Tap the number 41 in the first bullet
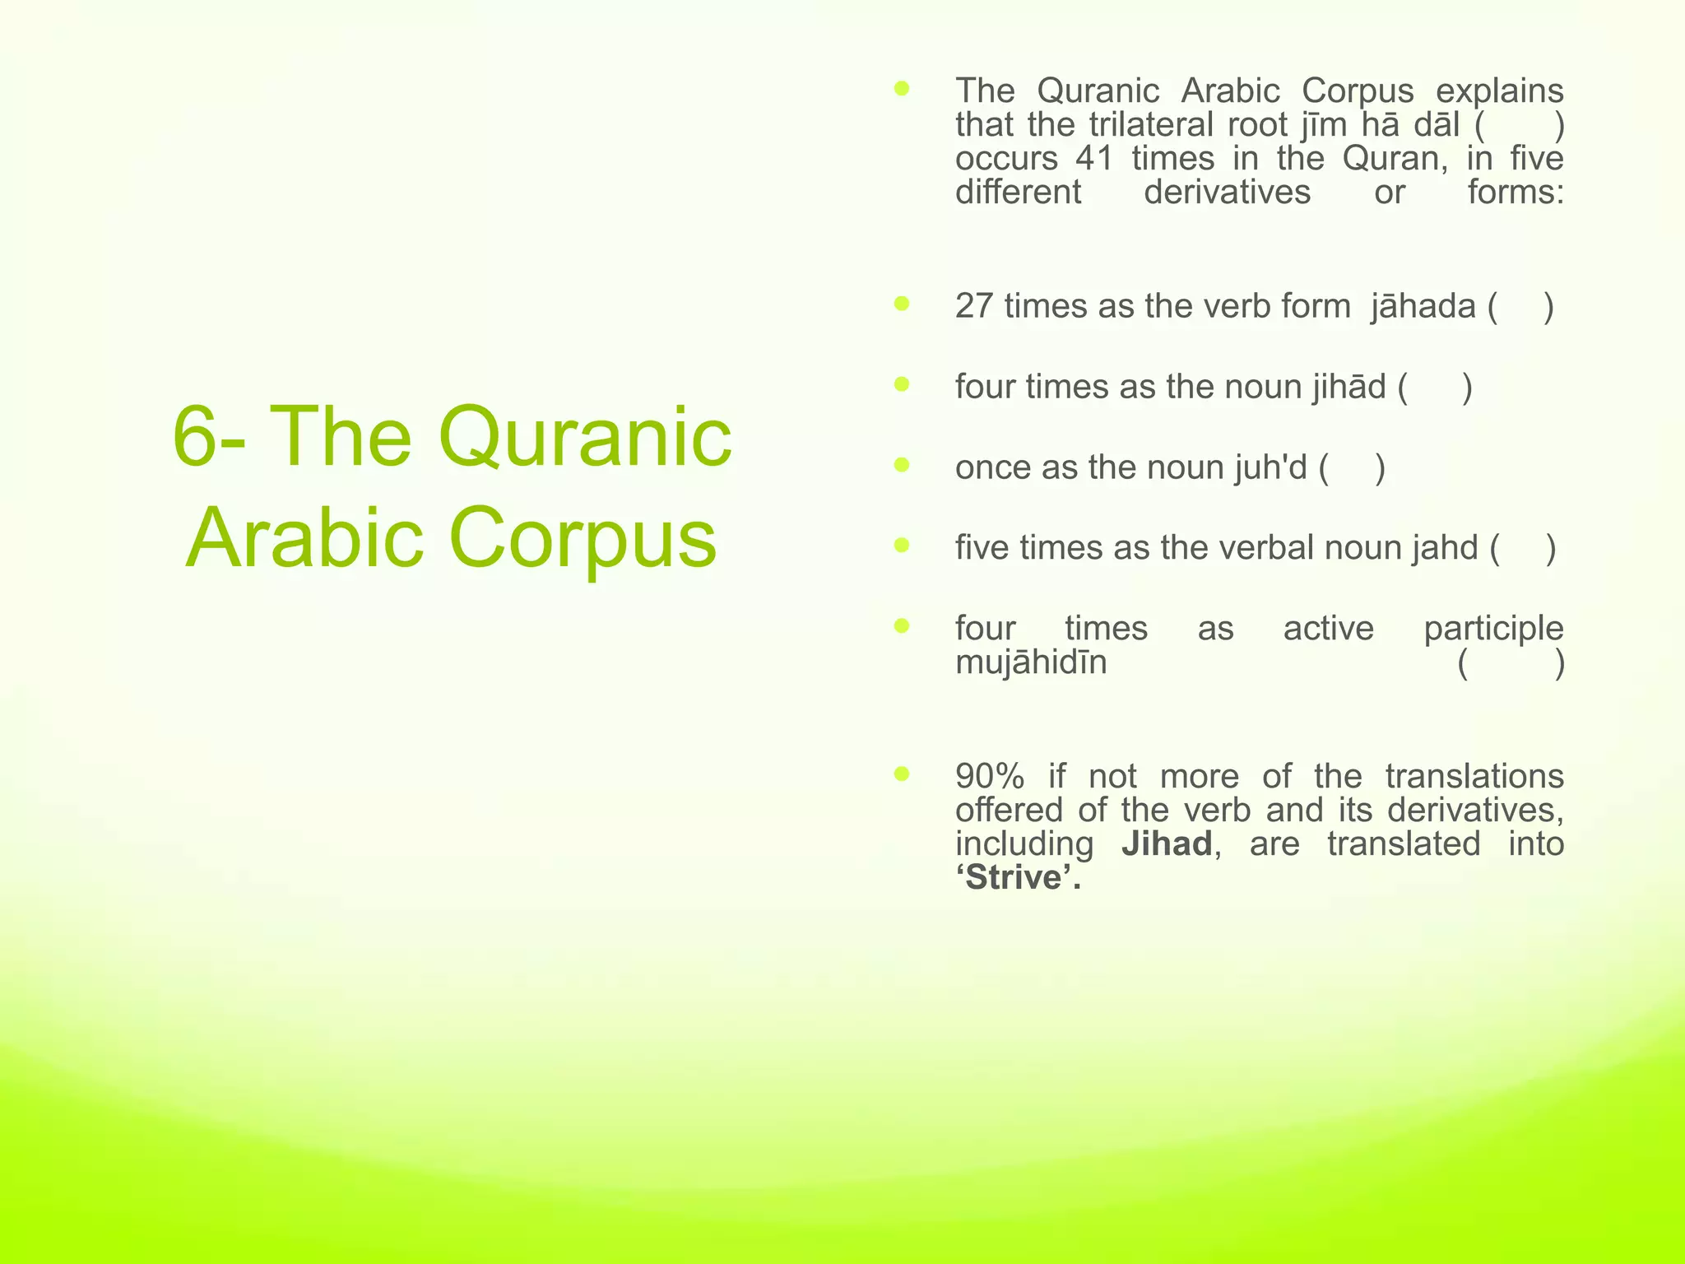click(1093, 158)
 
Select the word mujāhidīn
click(1031, 662)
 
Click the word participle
click(1493, 629)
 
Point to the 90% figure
click(990, 776)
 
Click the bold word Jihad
click(1166, 844)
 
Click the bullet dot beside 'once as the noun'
click(902, 466)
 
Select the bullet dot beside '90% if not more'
click(902, 774)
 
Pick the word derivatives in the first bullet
click(1227, 193)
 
